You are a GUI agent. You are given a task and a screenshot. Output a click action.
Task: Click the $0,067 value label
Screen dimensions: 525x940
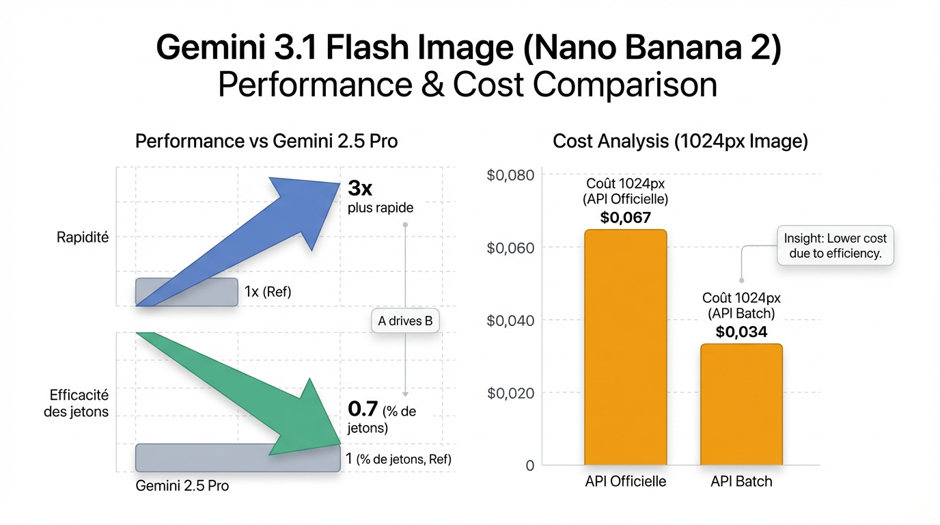click(x=625, y=218)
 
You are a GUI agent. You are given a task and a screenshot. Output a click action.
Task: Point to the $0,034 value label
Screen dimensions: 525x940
click(x=741, y=332)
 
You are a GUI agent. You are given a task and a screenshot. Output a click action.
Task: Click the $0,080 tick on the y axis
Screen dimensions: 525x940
click(x=510, y=175)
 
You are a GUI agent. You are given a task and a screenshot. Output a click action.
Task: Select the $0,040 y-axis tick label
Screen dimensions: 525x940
click(x=510, y=320)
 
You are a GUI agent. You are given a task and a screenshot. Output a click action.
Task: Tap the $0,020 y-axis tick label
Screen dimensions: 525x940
click(x=510, y=392)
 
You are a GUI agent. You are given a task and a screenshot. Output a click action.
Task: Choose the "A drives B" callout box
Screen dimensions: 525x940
click(x=406, y=320)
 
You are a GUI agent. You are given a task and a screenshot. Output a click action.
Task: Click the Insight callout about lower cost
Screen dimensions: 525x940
click(x=835, y=246)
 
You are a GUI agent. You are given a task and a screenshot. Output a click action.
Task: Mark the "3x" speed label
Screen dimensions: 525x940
click(x=360, y=188)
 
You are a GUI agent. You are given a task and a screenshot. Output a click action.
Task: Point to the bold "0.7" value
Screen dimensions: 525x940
click(x=363, y=409)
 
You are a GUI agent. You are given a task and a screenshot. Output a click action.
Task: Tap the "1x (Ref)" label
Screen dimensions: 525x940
click(x=267, y=292)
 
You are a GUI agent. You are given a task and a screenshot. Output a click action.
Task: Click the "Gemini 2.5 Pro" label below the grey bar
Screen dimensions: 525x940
click(x=182, y=487)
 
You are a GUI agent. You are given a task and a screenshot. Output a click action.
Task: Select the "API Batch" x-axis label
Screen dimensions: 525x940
click(x=741, y=481)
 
